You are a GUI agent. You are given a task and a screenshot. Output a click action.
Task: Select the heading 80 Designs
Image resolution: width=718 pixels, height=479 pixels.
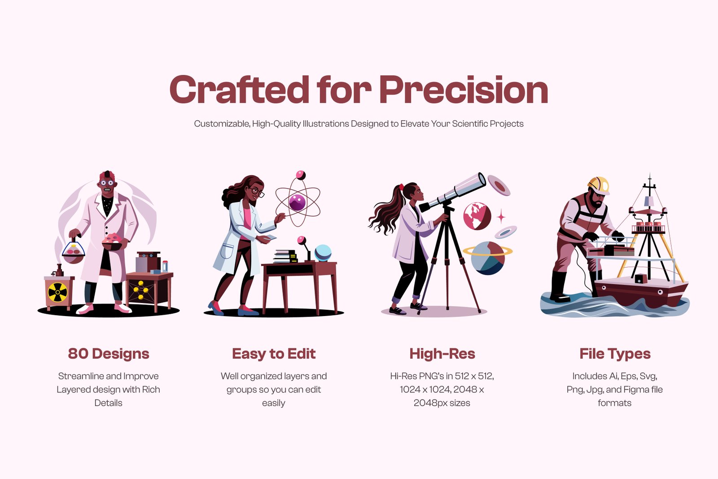(108, 354)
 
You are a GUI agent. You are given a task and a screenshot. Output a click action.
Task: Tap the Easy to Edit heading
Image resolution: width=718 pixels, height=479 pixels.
(274, 354)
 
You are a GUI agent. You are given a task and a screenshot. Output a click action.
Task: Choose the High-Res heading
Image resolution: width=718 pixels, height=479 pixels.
(442, 354)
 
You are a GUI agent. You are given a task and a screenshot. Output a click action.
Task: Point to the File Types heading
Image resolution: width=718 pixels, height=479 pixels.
(615, 354)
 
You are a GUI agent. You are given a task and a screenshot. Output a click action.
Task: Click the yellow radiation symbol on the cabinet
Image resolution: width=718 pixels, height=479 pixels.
(58, 292)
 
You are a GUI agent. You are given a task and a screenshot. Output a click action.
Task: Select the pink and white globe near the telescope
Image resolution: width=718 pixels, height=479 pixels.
(477, 216)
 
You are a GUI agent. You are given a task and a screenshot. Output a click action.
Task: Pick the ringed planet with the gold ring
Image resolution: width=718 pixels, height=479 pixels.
(487, 257)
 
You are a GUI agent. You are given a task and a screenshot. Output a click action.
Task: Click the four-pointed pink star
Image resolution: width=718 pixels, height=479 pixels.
(501, 217)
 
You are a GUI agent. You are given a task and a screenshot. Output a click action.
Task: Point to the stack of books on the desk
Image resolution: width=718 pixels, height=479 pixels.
(285, 256)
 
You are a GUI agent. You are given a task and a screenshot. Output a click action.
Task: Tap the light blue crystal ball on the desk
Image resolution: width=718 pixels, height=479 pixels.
(323, 253)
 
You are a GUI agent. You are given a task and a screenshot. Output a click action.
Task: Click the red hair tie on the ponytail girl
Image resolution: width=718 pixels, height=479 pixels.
(401, 187)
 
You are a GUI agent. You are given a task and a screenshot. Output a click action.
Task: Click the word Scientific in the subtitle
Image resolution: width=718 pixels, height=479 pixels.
(469, 124)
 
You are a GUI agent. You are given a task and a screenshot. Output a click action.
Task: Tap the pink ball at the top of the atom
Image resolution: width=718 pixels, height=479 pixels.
(300, 175)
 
